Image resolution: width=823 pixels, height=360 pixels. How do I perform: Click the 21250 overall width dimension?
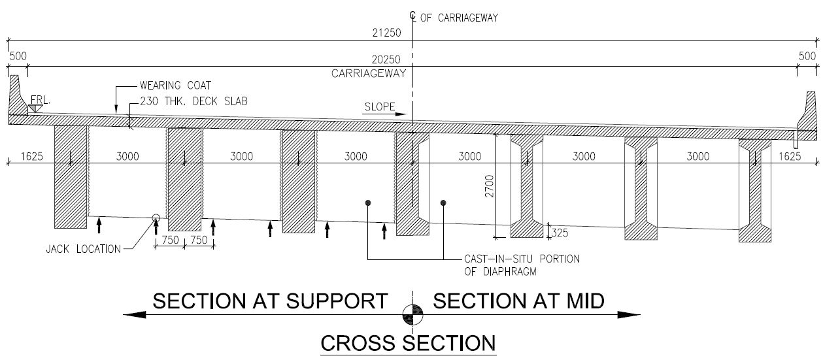point(382,31)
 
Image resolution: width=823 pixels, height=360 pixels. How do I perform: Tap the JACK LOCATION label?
point(83,248)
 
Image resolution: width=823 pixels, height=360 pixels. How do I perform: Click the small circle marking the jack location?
point(156,219)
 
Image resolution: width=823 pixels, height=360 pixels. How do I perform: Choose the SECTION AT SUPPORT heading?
point(270,301)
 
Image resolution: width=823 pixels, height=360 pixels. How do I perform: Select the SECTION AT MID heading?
point(518,301)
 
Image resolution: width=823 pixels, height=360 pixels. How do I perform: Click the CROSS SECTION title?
point(407,342)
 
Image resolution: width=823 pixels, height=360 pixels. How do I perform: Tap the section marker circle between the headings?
point(412,314)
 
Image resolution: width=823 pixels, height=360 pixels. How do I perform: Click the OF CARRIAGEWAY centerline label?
point(459,18)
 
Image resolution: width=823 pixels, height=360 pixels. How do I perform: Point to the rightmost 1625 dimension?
point(790,156)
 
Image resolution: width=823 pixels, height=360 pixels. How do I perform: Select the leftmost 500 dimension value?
point(18,56)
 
